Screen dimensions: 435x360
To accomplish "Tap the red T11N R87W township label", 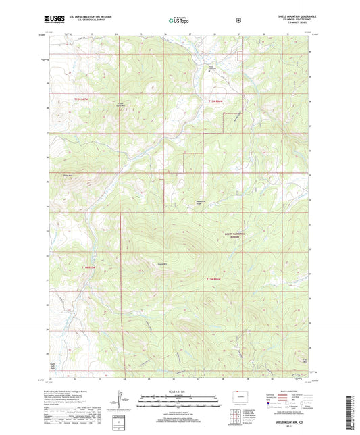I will pos(90,268).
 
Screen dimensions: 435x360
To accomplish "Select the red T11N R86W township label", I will pos(215,278).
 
